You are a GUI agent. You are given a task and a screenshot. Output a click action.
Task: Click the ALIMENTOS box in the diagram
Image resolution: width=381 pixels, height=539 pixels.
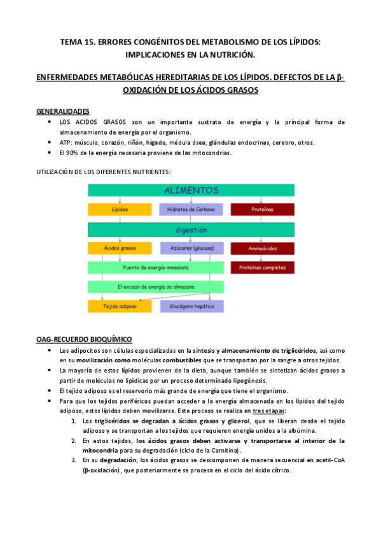click(191, 190)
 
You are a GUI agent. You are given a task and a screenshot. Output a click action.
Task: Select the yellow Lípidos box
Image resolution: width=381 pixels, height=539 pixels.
click(120, 209)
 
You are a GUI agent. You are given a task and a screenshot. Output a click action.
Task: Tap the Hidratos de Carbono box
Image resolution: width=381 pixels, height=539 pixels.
click(191, 209)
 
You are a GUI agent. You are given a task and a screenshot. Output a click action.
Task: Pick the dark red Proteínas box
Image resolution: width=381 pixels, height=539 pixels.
click(261, 209)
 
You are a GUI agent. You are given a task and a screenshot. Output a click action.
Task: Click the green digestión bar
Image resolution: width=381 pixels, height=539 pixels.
click(191, 229)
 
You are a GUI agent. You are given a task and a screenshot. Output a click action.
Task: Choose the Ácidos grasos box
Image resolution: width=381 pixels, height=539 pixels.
click(120, 249)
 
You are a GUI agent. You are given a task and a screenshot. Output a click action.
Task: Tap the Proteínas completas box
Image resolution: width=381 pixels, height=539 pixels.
click(261, 268)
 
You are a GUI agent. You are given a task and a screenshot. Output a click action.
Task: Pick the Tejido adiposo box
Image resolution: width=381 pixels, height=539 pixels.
click(120, 306)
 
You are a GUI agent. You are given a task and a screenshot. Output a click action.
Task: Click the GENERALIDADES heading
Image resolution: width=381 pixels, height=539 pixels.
click(63, 111)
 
